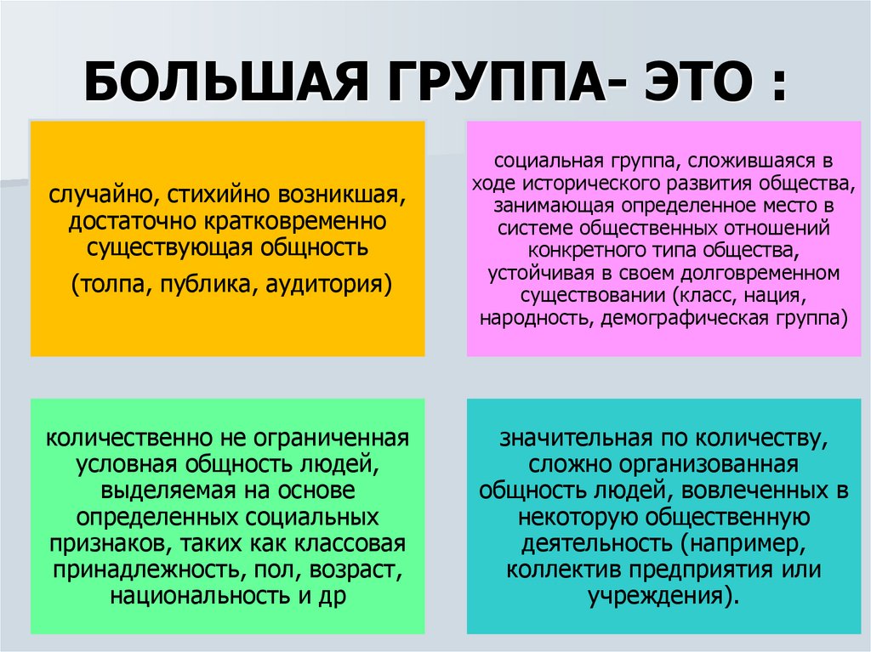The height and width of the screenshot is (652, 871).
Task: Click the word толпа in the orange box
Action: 114,284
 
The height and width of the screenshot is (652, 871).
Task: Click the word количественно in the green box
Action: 132,439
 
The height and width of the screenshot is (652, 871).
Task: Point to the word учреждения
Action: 658,596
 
